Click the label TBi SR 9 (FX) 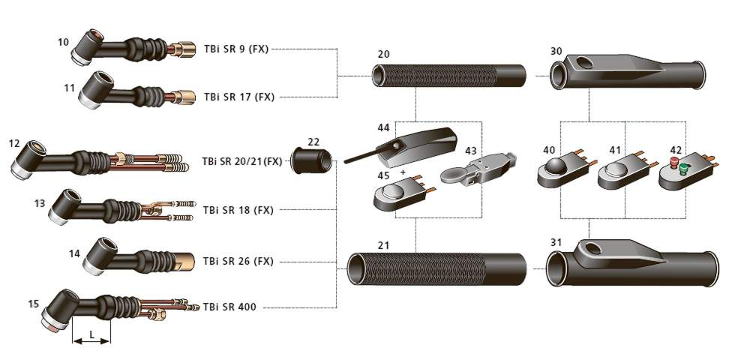tap(236, 49)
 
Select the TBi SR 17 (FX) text tap(239, 97)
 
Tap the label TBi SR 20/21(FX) tap(242, 161)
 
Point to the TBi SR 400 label tap(229, 307)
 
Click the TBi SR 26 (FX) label tap(238, 261)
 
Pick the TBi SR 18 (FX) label tap(238, 210)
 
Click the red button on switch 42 tap(674, 162)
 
